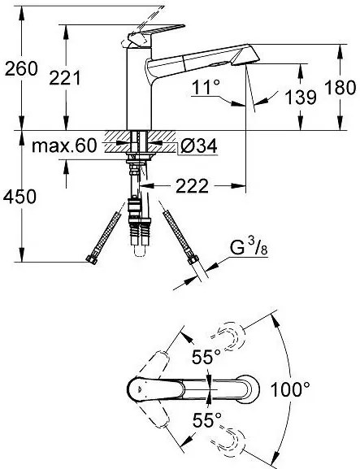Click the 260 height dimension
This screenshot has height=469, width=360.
tap(20, 69)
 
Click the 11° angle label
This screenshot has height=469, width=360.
tap(205, 88)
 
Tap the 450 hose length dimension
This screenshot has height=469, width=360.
tap(20, 198)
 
